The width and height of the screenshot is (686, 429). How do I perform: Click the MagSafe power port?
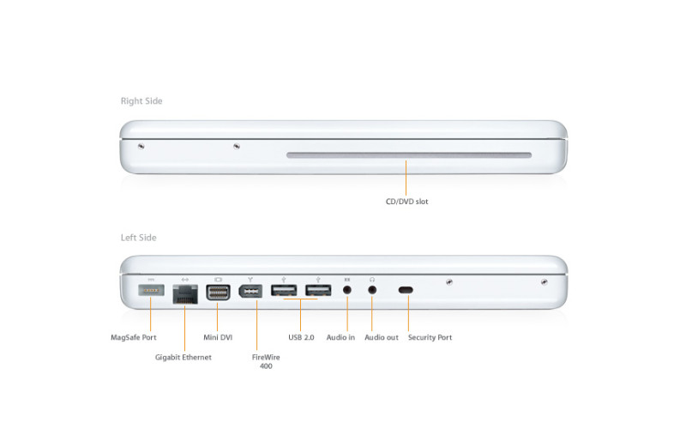[152, 290]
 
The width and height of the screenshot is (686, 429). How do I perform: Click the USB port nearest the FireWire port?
[284, 290]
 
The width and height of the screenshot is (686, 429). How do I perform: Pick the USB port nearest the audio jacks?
[318, 290]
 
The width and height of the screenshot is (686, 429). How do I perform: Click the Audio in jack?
[347, 290]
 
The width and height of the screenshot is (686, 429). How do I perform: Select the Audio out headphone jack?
[372, 290]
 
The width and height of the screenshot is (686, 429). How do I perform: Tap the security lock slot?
[406, 290]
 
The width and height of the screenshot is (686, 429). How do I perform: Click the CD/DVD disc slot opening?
[408, 156]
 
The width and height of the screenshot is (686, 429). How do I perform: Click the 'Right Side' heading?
[141, 101]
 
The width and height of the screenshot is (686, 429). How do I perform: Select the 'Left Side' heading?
[139, 238]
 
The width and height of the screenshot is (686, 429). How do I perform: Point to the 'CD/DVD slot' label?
[406, 202]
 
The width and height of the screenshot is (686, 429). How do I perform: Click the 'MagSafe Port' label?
[134, 337]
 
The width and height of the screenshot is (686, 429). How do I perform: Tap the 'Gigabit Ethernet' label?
[184, 357]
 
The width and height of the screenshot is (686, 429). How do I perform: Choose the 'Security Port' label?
[430, 337]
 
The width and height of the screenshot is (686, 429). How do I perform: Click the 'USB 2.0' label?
[301, 337]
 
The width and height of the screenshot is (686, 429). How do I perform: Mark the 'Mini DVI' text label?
[218, 337]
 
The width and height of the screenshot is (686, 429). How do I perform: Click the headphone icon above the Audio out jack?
[372, 279]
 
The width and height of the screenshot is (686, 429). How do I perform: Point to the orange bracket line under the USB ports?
[301, 300]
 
